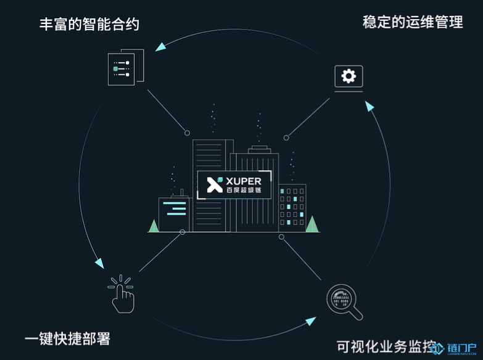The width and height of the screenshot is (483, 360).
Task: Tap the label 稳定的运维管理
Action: tap(413, 23)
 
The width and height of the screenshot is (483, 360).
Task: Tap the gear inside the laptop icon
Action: tap(349, 76)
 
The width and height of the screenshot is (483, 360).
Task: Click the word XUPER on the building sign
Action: tap(244, 181)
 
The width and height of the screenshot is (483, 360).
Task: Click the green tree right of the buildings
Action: tap(312, 224)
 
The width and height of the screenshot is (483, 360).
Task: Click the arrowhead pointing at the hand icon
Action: tap(99, 263)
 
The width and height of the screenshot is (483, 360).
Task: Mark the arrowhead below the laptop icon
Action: tap(369, 107)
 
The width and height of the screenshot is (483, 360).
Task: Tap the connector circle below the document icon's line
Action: tap(187, 133)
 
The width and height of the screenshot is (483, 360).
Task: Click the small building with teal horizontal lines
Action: tap(174, 213)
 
